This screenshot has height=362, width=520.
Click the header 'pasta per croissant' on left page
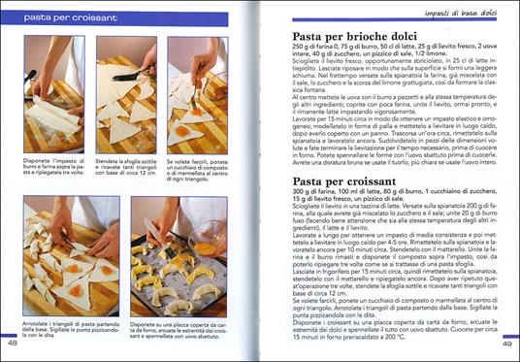[65, 17]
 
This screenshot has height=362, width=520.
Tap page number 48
[13, 343]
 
